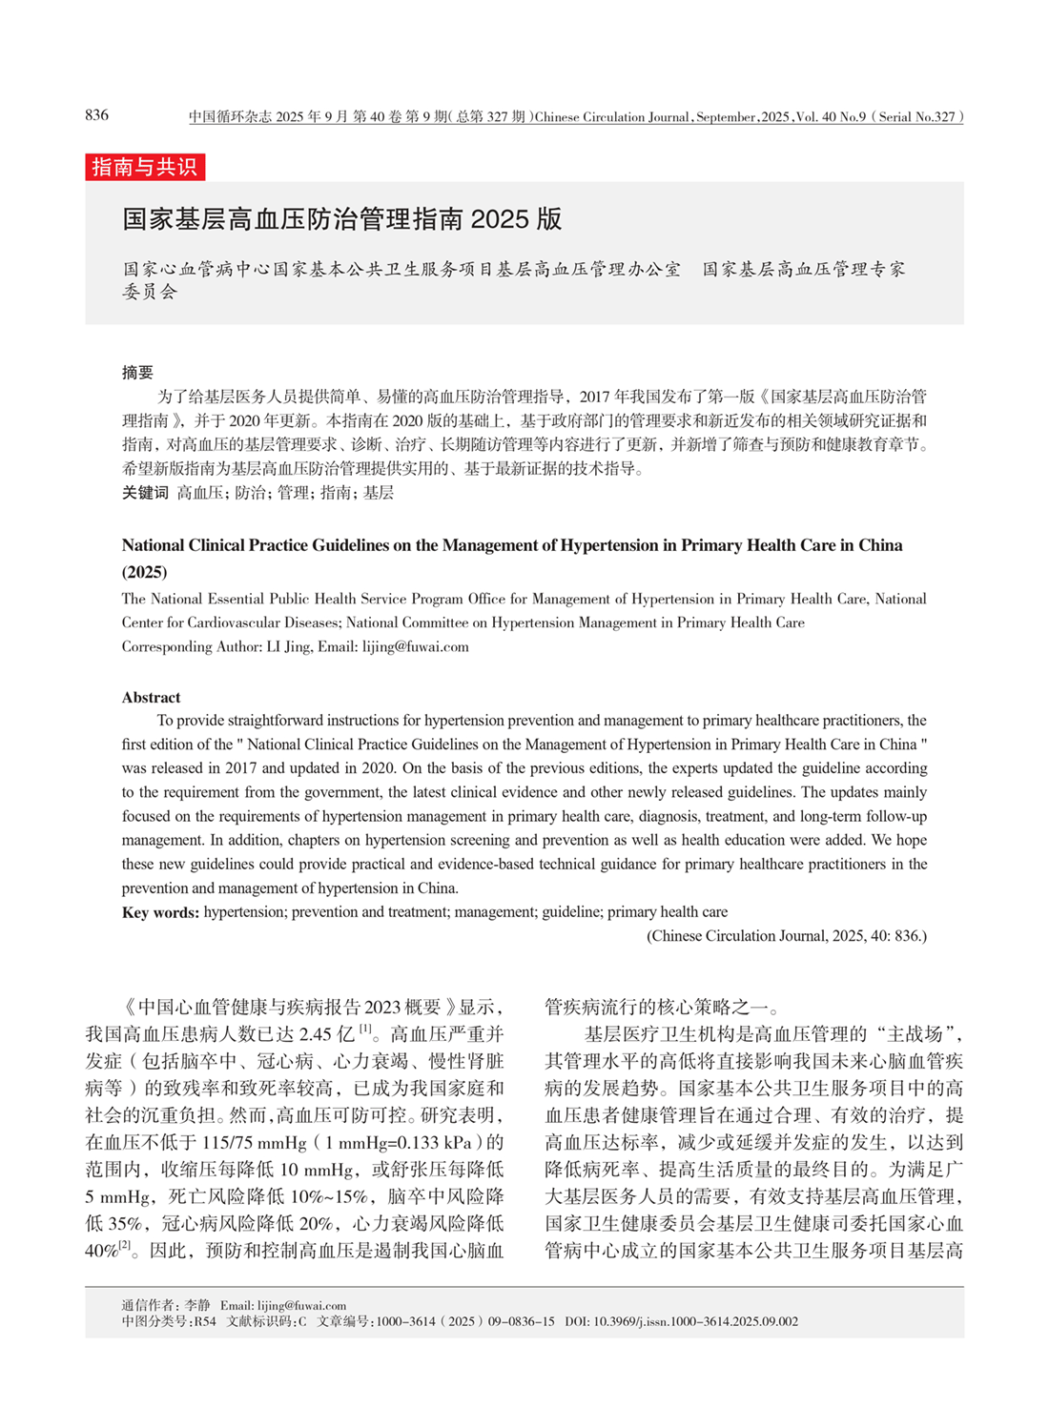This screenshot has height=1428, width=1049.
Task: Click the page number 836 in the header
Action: point(96,115)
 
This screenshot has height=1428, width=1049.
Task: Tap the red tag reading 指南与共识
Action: point(145,167)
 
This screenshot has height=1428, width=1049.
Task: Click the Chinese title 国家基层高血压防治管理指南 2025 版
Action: point(342,219)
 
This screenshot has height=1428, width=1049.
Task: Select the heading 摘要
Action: point(137,373)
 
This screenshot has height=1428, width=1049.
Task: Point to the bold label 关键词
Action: point(145,493)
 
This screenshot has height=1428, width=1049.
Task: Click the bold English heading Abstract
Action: point(151,698)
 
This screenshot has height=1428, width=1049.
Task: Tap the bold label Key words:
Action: point(160,912)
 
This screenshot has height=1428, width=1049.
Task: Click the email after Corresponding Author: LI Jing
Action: point(415,646)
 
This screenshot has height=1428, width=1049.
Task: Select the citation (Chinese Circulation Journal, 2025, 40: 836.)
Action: point(787,936)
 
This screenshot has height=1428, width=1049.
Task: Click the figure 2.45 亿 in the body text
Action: point(327,1034)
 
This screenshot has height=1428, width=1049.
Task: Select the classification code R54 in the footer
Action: point(205,1322)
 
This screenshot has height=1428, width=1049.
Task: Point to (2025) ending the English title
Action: point(144,572)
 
